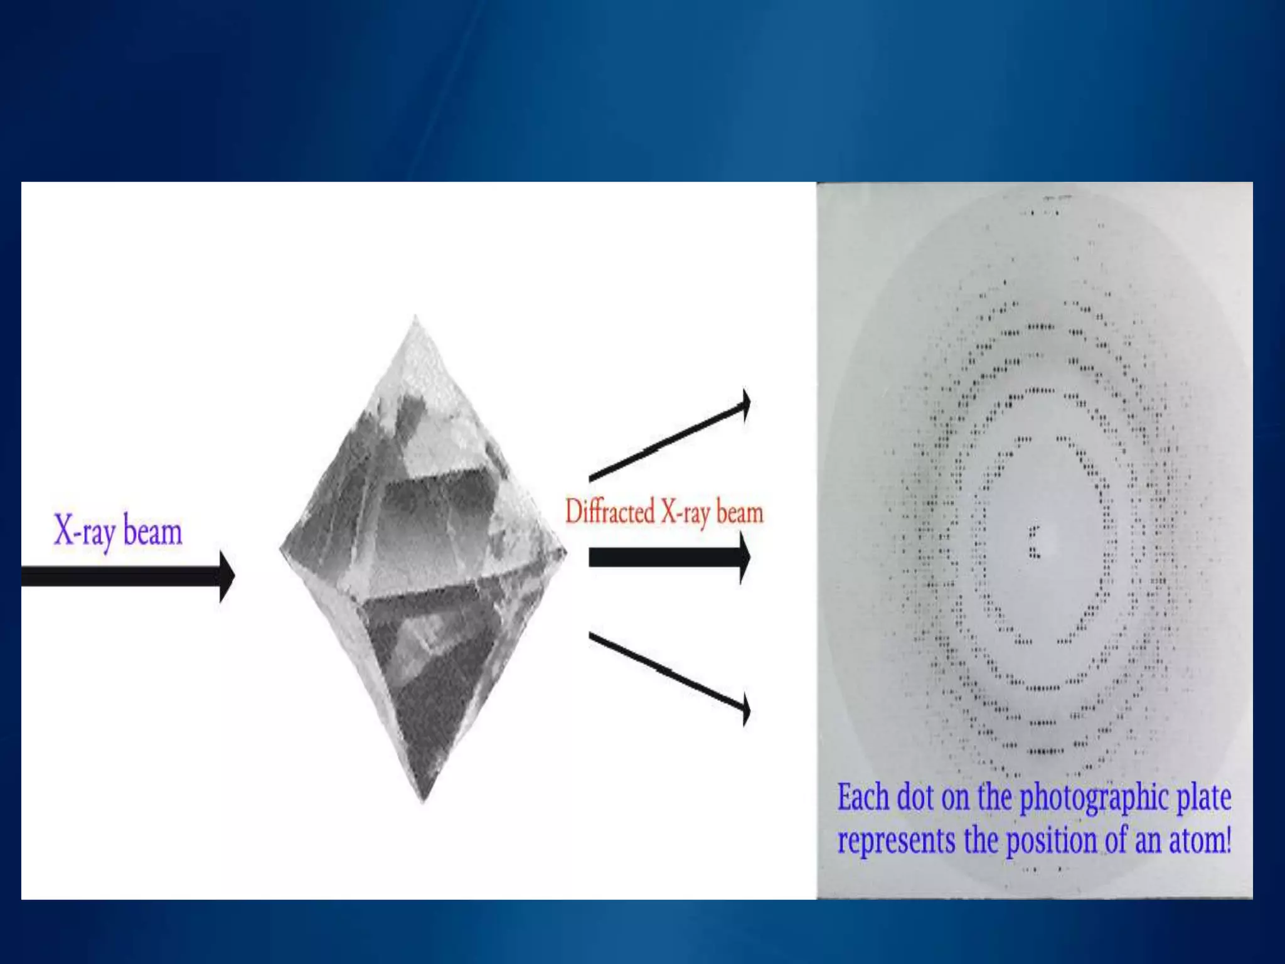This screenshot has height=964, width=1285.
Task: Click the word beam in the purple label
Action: pyautogui.click(x=152, y=532)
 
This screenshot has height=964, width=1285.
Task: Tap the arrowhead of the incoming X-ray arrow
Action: pyautogui.click(x=227, y=576)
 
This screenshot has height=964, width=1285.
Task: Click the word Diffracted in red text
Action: pyautogui.click(x=610, y=512)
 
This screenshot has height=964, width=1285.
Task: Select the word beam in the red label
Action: pyautogui.click(x=740, y=513)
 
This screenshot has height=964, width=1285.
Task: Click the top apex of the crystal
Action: pyautogui.click(x=415, y=319)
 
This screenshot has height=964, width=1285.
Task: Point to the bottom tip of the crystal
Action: pyautogui.click(x=423, y=800)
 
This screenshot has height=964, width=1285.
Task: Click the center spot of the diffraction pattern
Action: pyautogui.click(x=1033, y=543)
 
